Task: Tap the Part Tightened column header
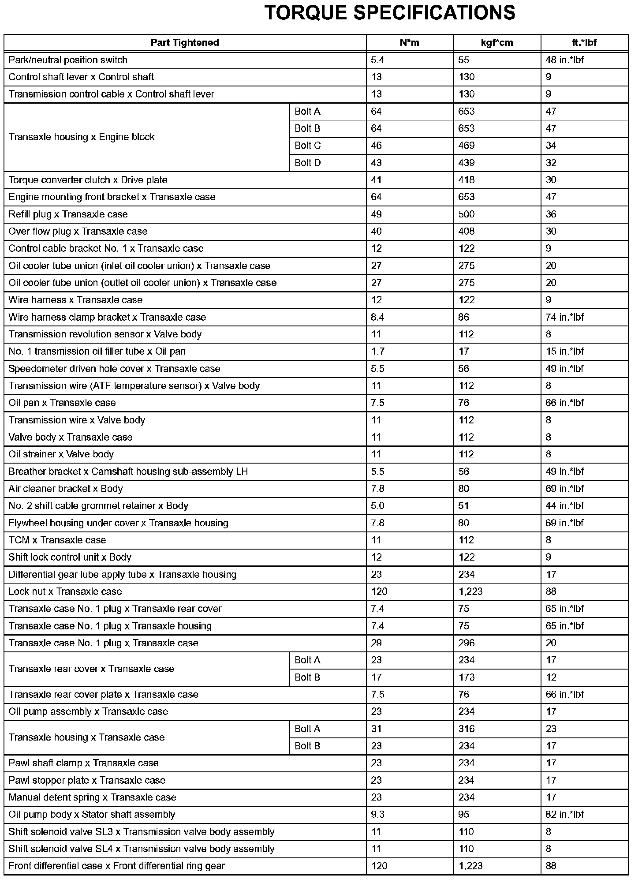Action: pos(185,43)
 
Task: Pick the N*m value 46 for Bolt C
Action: pos(376,146)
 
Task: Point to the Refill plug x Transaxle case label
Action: pos(68,214)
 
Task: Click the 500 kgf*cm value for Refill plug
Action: pos(467,214)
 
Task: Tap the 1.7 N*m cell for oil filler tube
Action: pos(378,352)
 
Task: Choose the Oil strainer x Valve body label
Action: pos(61,454)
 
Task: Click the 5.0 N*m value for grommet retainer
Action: pos(378,506)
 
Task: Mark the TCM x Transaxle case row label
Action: pos(57,540)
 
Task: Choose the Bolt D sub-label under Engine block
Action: pos(307,163)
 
